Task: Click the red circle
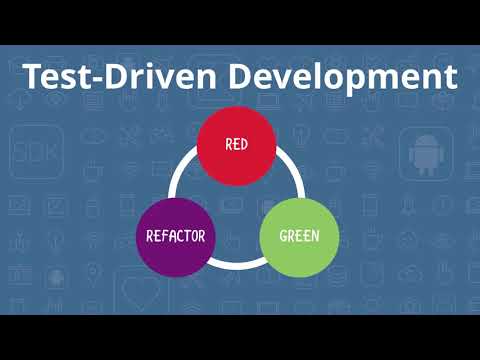coord(236,144)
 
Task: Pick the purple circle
coord(175,237)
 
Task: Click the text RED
coord(236,144)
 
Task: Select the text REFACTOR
coord(175,237)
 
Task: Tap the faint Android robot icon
coord(426,155)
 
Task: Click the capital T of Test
coord(33,77)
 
